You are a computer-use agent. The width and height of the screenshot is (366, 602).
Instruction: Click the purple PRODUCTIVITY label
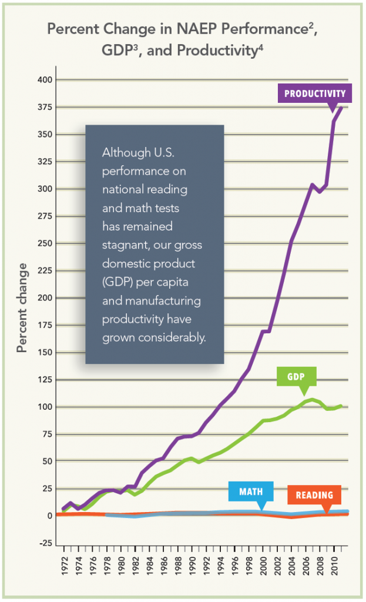point(314,93)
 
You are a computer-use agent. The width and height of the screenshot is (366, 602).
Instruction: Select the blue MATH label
point(250,491)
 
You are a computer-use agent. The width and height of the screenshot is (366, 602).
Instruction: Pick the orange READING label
point(314,495)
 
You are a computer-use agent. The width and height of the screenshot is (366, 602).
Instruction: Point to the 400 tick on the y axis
point(45,80)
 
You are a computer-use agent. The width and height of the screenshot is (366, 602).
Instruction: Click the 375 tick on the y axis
point(45,108)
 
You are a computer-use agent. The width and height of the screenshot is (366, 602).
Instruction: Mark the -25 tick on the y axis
point(45,543)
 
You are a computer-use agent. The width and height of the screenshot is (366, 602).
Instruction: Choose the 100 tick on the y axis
point(45,407)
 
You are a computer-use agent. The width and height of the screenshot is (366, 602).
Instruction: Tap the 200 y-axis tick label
point(45,298)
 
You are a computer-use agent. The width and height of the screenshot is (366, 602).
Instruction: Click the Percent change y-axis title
point(22,307)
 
